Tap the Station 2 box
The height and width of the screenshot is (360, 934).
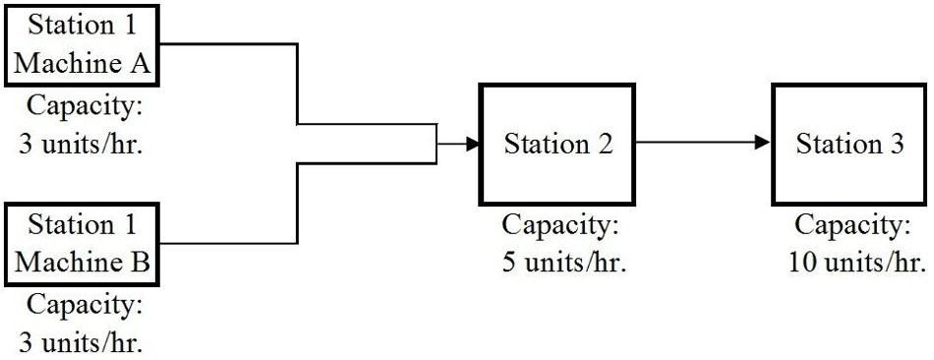pos(557,144)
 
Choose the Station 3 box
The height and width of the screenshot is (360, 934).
pos(849,144)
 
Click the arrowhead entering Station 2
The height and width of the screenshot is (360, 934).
pos(473,145)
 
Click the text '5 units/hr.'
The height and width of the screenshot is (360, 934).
pos(559,263)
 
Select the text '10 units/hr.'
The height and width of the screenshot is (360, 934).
pos(856,263)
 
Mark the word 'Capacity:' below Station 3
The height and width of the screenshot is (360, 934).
pos(852,225)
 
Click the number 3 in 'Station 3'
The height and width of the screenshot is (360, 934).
pos(896,145)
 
